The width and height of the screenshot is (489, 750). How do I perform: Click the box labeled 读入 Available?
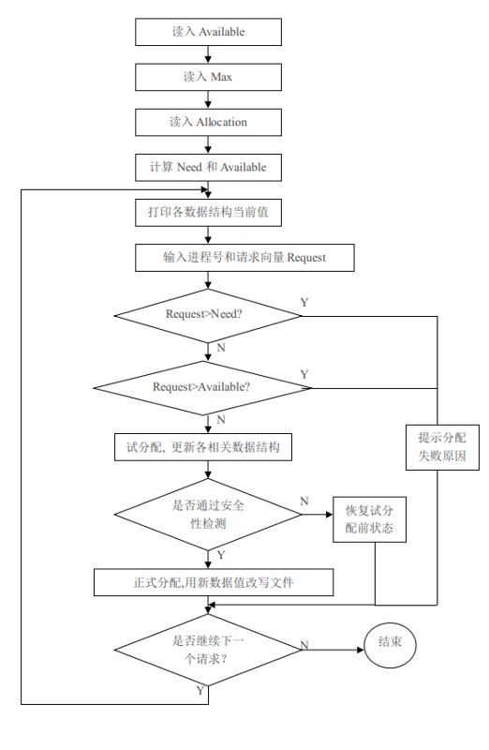pyautogui.click(x=208, y=32)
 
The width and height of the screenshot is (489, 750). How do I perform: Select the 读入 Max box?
pyautogui.click(x=208, y=77)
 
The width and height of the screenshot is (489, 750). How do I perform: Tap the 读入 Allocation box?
pyautogui.click(x=208, y=122)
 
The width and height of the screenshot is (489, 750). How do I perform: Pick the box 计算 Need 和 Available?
pyautogui.click(x=208, y=168)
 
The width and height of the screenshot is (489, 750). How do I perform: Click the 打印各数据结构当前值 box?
pyautogui.click(x=208, y=213)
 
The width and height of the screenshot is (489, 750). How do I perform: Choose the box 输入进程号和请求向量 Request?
pyautogui.click(x=244, y=258)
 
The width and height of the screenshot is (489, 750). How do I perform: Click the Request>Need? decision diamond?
pyautogui.click(x=208, y=316)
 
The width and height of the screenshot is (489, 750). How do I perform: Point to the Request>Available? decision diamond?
pyautogui.click(x=202, y=388)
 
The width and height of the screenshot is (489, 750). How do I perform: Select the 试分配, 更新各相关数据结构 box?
pyautogui.click(x=203, y=447)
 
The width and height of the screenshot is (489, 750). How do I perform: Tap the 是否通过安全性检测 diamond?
pyautogui.click(x=208, y=514)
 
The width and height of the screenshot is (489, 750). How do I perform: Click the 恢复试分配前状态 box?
pyautogui.click(x=369, y=519)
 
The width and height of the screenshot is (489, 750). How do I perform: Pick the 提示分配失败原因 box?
pyautogui.click(x=443, y=447)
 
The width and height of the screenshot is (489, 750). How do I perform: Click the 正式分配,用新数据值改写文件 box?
pyautogui.click(x=214, y=582)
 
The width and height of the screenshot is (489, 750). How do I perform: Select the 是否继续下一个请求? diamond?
pyautogui.click(x=208, y=650)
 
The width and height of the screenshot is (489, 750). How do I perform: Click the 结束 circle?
pyautogui.click(x=390, y=645)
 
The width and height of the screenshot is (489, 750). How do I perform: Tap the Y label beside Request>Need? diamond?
pyautogui.click(x=304, y=302)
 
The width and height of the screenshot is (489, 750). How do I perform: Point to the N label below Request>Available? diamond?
pyautogui.click(x=221, y=419)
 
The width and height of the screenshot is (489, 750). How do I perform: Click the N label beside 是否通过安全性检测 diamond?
pyautogui.click(x=304, y=501)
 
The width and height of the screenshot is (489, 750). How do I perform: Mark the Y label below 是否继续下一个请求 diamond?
pyautogui.click(x=200, y=690)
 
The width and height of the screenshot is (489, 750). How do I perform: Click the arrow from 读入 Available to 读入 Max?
pyautogui.click(x=208, y=54)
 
